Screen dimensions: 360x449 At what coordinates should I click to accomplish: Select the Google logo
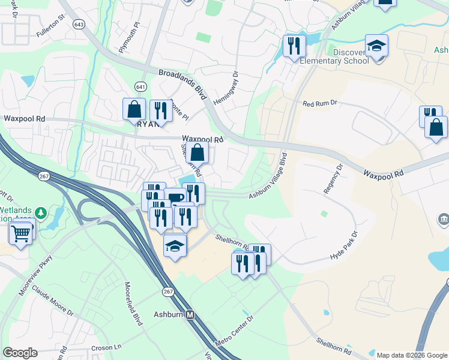tap(20, 353)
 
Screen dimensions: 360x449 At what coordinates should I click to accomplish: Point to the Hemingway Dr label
tap(226, 89)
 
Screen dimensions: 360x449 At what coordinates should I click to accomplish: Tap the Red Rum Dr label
tap(321, 104)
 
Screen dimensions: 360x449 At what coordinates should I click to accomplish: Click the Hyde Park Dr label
tap(343, 245)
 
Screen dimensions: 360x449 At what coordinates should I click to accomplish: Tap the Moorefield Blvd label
tap(134, 303)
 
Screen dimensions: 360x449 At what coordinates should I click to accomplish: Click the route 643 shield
tap(78, 25)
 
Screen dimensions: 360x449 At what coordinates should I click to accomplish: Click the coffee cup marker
tap(175, 199)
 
